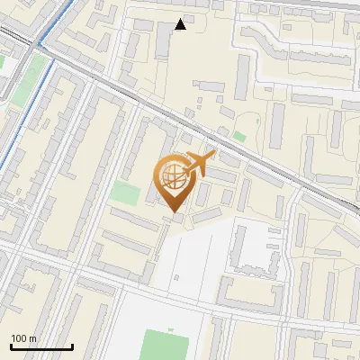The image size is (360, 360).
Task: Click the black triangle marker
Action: (181, 24)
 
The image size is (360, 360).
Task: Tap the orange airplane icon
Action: (198, 165)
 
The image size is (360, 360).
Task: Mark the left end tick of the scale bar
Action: (11, 345)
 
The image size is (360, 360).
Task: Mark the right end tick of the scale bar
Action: (72, 345)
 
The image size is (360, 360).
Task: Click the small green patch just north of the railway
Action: (239, 136)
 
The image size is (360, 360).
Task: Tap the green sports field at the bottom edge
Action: (166, 346)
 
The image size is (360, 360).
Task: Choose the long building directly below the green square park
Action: (134, 220)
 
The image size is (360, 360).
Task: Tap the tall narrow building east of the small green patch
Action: (277, 125)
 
